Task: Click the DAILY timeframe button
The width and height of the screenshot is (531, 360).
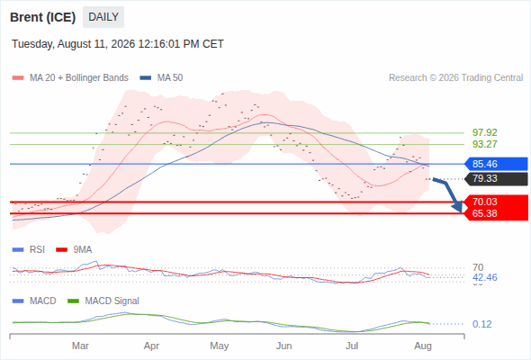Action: click(x=103, y=17)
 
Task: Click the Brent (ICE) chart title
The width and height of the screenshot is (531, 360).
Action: click(x=42, y=17)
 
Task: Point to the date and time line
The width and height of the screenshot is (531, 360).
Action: click(x=118, y=44)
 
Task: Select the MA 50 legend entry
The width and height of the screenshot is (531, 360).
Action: click(x=161, y=78)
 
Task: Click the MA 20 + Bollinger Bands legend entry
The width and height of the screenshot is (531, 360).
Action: click(x=70, y=78)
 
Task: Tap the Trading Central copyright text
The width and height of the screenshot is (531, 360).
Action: click(x=455, y=78)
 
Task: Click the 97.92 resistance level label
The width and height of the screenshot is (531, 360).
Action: click(x=484, y=132)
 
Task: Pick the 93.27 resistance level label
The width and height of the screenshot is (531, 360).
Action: click(x=484, y=144)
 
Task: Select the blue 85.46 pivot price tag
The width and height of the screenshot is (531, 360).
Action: click(x=496, y=164)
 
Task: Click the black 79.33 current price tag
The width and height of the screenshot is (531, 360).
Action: click(x=496, y=178)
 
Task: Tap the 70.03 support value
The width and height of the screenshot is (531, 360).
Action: click(x=484, y=202)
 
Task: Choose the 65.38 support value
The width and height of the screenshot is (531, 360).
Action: click(x=484, y=213)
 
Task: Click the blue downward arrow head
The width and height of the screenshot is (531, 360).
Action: click(x=458, y=206)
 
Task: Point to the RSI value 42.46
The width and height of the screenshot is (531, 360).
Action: click(x=484, y=278)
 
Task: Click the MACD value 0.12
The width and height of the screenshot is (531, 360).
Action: click(x=481, y=324)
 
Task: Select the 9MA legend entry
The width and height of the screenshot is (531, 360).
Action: click(x=74, y=250)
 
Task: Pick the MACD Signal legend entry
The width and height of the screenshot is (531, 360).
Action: click(x=103, y=301)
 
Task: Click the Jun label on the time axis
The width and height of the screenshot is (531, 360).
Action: click(x=283, y=346)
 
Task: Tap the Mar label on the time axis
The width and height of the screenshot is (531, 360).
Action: click(x=80, y=346)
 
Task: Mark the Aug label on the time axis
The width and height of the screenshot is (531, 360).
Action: click(x=423, y=346)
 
